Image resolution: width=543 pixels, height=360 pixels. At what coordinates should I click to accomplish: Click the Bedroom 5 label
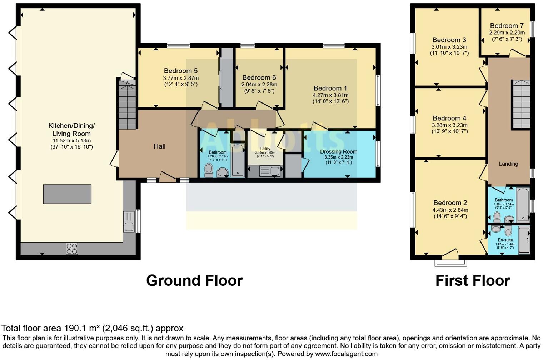click(x=180, y=71)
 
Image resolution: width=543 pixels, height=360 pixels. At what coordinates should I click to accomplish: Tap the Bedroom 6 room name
click(x=259, y=77)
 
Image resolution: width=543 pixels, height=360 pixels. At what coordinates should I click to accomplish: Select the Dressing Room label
click(x=338, y=151)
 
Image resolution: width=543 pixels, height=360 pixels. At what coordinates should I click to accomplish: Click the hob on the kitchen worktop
click(x=71, y=249)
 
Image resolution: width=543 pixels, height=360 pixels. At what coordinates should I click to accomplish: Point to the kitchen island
click(x=67, y=194)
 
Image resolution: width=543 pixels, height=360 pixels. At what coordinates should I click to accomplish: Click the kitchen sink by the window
click(x=129, y=221)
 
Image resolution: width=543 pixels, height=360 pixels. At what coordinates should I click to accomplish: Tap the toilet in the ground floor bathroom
click(x=209, y=170)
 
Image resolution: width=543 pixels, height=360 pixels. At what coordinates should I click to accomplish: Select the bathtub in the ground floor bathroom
click(x=238, y=161)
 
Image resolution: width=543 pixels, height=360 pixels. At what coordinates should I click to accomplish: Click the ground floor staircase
click(x=127, y=104)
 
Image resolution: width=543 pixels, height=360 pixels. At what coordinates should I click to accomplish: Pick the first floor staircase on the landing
click(x=521, y=104)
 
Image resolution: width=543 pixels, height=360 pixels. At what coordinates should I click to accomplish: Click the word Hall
click(x=159, y=146)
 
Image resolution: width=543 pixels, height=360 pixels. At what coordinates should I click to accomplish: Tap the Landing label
click(x=508, y=164)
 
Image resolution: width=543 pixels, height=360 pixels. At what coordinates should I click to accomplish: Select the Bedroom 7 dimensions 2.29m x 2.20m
click(x=507, y=32)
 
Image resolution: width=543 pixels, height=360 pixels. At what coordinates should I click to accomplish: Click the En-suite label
click(x=505, y=240)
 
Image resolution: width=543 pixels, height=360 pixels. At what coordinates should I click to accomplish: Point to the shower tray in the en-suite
click(x=524, y=240)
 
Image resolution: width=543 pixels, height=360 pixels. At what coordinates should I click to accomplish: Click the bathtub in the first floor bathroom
click(x=523, y=205)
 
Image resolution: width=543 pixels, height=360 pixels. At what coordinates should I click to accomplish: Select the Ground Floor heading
click(x=194, y=280)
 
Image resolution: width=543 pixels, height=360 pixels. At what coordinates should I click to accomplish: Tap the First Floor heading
click(x=472, y=280)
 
